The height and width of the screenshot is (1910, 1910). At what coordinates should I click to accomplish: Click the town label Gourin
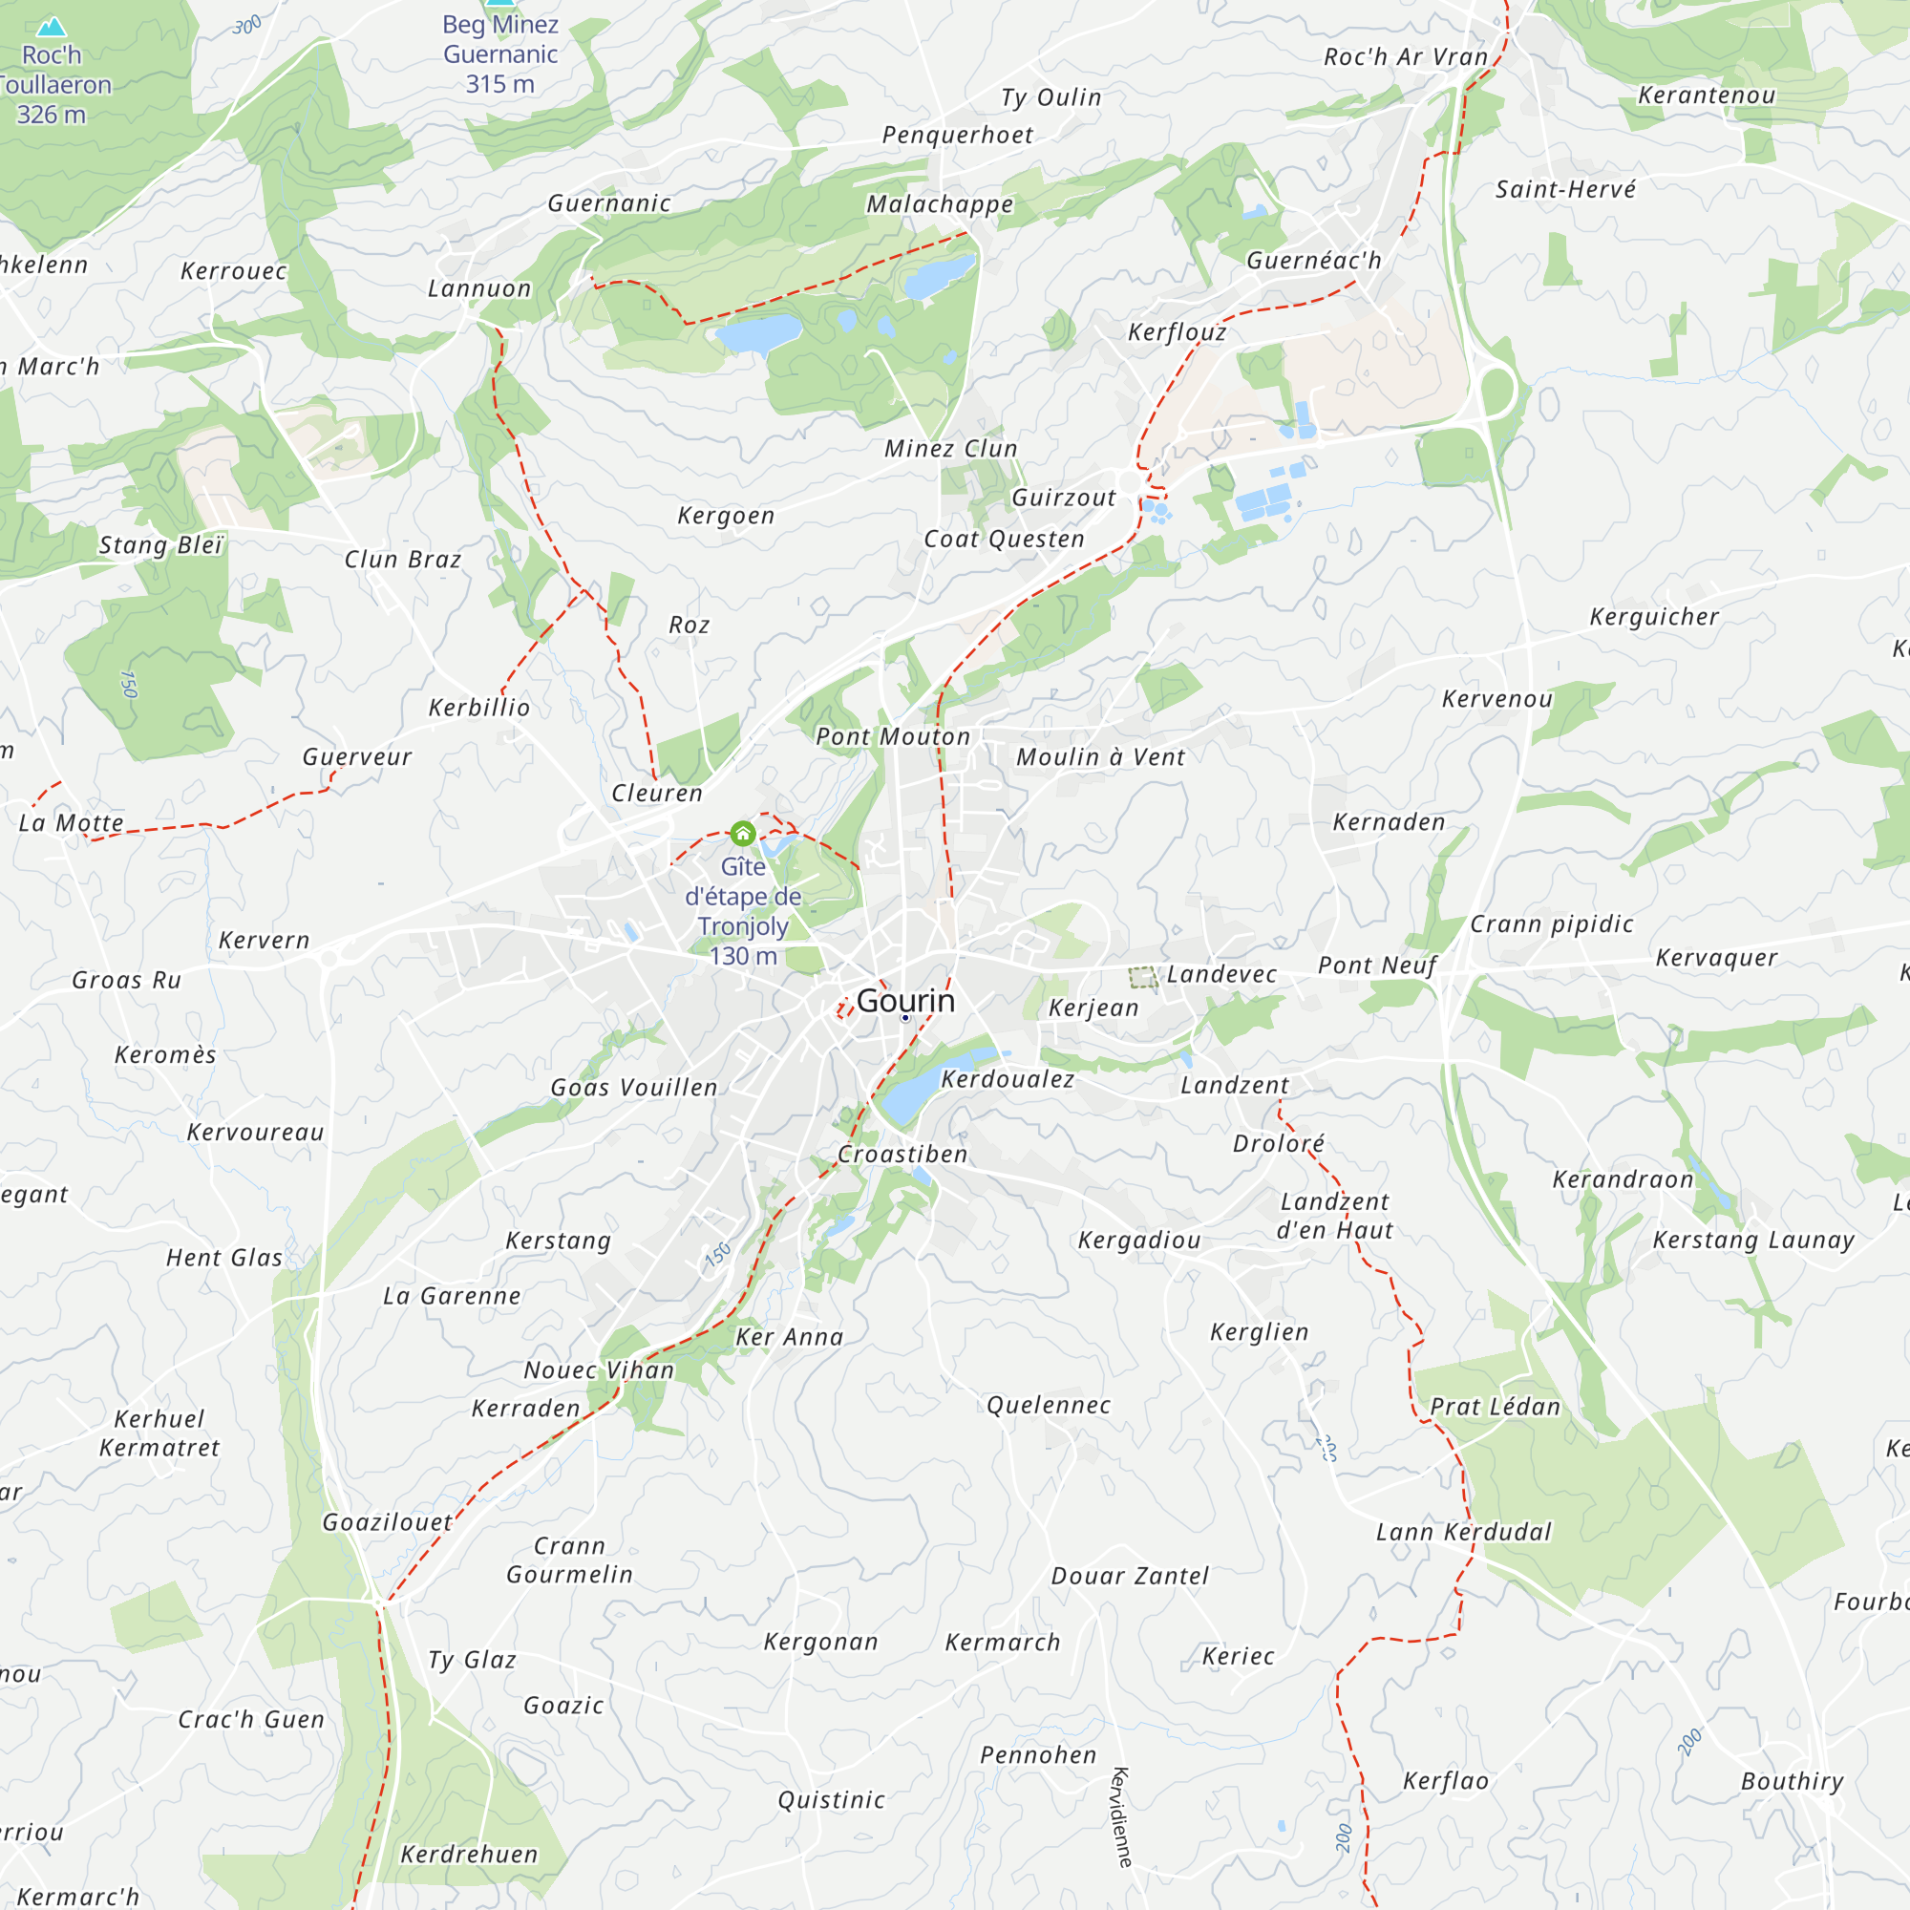pos(905,1001)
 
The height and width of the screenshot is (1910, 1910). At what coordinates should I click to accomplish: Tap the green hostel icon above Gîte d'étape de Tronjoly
pos(742,834)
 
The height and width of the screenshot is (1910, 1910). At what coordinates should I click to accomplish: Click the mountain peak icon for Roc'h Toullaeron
pos(52,26)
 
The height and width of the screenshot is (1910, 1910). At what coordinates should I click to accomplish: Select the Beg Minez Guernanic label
pos(500,53)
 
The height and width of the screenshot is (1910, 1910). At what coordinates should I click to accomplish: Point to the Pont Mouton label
pos(893,736)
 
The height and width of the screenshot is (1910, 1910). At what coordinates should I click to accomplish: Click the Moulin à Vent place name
pos(1100,757)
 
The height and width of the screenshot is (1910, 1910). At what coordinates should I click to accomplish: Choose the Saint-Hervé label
pos(1565,189)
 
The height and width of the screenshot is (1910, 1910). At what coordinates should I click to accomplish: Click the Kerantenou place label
pos(1707,95)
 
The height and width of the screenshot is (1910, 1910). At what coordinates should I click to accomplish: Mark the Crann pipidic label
pos(1551,924)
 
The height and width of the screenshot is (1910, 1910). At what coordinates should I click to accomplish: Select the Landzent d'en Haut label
pos(1335,1216)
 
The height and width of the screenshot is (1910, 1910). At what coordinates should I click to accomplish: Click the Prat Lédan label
pos(1495,1407)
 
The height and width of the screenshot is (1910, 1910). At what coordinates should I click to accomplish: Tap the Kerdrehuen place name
pos(469,1855)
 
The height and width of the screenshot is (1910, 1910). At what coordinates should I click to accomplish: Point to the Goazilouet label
pos(388,1522)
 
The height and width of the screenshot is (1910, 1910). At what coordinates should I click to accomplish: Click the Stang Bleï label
pos(162,544)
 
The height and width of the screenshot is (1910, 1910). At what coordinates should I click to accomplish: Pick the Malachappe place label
pos(939,203)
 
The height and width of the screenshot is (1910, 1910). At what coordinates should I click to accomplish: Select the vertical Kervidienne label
pos(1122,1817)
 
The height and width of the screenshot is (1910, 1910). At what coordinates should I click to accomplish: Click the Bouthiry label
pos(1792,1781)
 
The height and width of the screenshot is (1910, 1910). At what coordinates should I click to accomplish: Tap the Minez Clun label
pos(950,449)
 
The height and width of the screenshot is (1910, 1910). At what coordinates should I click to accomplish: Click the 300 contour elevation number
pos(247,25)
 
